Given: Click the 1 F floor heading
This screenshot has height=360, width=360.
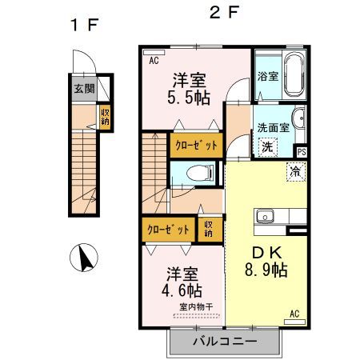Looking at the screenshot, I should click(x=84, y=26).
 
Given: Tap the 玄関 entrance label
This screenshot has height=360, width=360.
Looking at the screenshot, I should click(x=83, y=89).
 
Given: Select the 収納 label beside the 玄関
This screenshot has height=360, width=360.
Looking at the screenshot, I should click(x=105, y=118).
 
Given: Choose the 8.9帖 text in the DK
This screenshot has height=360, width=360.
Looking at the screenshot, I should click(x=266, y=270).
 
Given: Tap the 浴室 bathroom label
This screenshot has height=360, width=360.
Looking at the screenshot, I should click(x=268, y=77).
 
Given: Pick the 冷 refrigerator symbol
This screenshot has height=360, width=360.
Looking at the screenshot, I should click(x=294, y=170).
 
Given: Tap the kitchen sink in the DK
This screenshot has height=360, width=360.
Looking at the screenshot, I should click(x=265, y=216).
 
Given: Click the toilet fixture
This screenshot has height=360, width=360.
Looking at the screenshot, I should click(x=198, y=172).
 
